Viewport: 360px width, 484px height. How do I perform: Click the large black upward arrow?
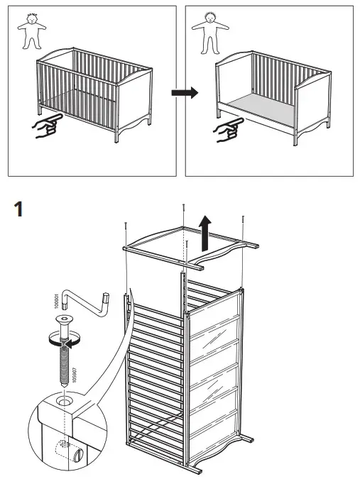coord(204,235)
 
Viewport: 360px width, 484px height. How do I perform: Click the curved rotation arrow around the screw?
coord(64,340)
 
